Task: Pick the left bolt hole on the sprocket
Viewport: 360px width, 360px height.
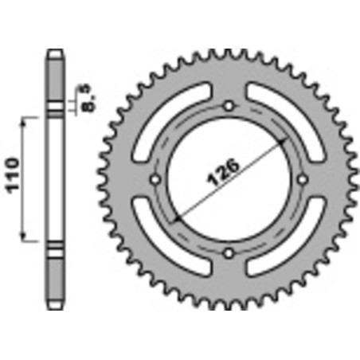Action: coord(156,179)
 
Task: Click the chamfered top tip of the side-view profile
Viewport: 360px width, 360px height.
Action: coord(54,54)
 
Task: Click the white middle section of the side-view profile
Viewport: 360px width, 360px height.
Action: coord(54,178)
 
